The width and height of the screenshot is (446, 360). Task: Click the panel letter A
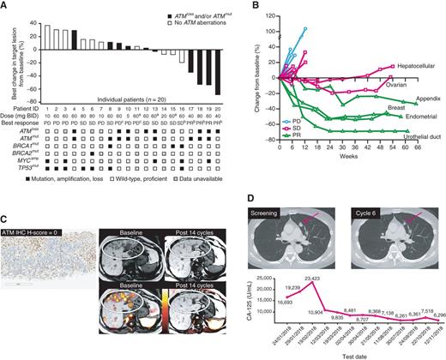click(6, 6)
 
